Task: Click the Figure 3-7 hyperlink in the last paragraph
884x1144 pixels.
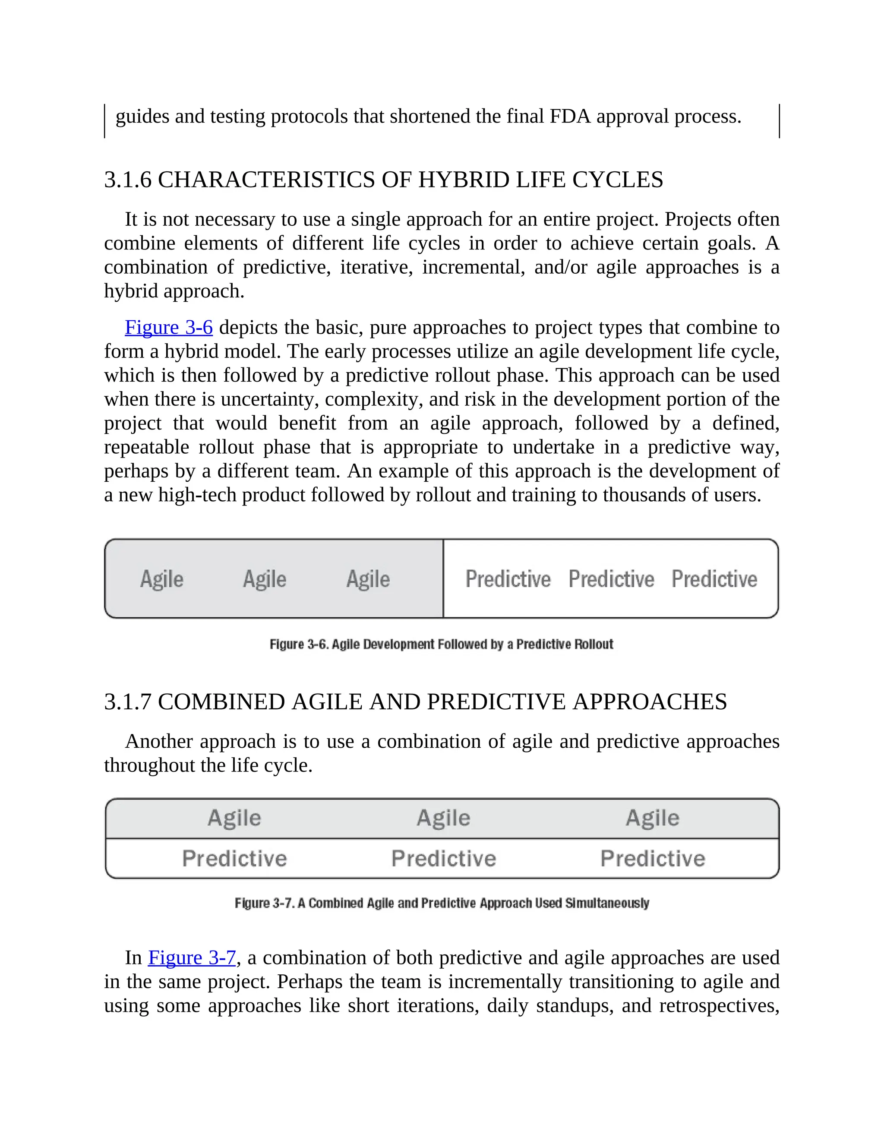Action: point(192,958)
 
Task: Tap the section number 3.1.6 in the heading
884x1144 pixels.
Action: point(128,180)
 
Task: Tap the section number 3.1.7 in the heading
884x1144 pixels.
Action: point(128,702)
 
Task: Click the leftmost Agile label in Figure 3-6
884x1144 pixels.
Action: point(162,579)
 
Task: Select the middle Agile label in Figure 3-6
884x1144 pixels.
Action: point(265,579)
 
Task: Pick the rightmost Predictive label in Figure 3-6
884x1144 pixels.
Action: point(714,579)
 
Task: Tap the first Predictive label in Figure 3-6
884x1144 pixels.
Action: point(508,579)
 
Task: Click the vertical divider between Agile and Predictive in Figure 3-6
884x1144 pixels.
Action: point(443,579)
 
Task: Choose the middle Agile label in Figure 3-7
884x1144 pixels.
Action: point(443,818)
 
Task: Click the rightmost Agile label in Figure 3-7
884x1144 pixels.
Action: point(653,818)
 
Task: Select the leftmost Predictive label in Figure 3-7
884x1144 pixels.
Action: point(235,859)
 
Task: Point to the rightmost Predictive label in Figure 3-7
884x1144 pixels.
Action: point(653,859)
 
